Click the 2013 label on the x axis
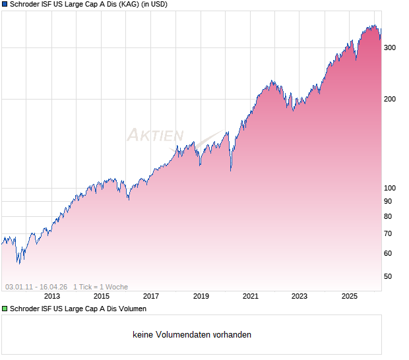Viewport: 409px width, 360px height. (x=52, y=296)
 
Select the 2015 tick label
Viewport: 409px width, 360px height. (x=102, y=296)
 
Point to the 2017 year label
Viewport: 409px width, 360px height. (x=151, y=296)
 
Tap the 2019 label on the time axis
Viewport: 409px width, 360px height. (x=201, y=296)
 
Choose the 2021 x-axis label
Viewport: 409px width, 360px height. (x=250, y=296)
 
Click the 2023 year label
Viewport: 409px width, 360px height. (x=299, y=296)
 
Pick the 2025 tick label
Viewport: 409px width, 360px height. (x=349, y=296)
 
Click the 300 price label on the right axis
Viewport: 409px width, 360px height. (x=390, y=47)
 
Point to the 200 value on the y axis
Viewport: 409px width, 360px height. (x=390, y=100)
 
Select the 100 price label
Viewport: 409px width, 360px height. (x=390, y=188)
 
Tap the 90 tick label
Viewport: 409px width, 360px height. (x=388, y=201)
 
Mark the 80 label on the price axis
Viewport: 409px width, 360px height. (x=388, y=217)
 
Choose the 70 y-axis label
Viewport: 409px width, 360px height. (x=388, y=234)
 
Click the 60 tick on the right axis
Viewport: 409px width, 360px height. (x=388, y=254)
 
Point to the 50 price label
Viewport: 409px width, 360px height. (x=388, y=277)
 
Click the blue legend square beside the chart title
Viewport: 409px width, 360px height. (x=5, y=5)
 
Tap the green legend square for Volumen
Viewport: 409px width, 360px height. (x=5, y=309)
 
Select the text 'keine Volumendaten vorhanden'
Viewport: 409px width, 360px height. (x=192, y=335)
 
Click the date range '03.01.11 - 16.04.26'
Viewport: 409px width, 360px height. (x=36, y=287)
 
